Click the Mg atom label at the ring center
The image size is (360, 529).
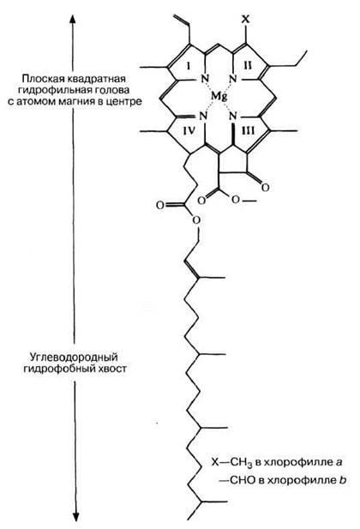(x=219, y=97)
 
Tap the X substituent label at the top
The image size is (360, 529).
(x=246, y=19)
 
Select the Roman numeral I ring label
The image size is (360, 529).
(x=188, y=66)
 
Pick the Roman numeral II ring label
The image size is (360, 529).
(x=248, y=65)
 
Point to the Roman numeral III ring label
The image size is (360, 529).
(x=248, y=130)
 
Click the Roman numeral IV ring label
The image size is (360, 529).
(x=189, y=130)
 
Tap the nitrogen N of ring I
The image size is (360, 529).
(x=205, y=78)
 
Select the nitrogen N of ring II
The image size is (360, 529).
(x=233, y=79)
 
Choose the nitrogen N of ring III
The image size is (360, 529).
(x=233, y=117)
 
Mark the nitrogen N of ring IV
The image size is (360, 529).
(x=203, y=117)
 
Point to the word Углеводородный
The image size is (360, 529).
(x=74, y=357)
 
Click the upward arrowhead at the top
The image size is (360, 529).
(x=72, y=19)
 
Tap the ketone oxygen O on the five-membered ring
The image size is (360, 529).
(x=265, y=187)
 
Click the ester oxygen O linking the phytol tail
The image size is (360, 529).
(x=195, y=220)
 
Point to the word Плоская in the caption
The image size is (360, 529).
(x=40, y=79)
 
